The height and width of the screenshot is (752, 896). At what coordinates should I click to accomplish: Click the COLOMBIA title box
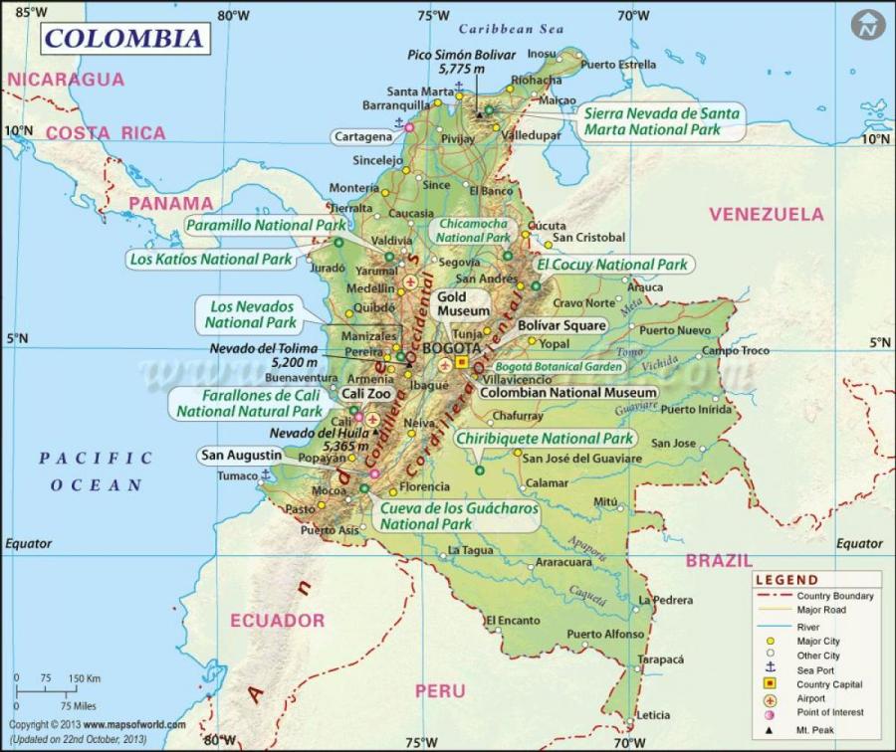click(x=124, y=39)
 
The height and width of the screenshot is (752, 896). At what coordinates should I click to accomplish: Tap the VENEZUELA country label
click(x=766, y=214)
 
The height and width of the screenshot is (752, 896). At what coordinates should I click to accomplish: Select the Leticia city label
click(x=653, y=715)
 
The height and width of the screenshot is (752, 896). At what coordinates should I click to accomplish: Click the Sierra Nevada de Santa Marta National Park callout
click(x=662, y=121)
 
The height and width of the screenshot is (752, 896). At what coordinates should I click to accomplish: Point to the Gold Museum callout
click(x=463, y=303)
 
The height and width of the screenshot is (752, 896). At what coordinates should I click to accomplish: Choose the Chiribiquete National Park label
click(x=545, y=439)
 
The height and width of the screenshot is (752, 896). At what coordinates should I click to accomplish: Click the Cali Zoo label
click(x=366, y=394)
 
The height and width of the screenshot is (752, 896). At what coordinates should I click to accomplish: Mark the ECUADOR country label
click(x=278, y=620)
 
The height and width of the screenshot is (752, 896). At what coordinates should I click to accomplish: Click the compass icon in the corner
click(x=869, y=24)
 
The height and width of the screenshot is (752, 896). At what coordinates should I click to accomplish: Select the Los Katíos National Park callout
click(x=211, y=259)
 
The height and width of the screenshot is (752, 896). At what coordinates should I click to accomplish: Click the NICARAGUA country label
click(x=66, y=80)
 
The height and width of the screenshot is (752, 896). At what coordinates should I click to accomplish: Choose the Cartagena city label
click(x=362, y=136)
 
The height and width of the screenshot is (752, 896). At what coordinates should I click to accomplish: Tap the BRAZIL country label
click(x=718, y=561)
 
